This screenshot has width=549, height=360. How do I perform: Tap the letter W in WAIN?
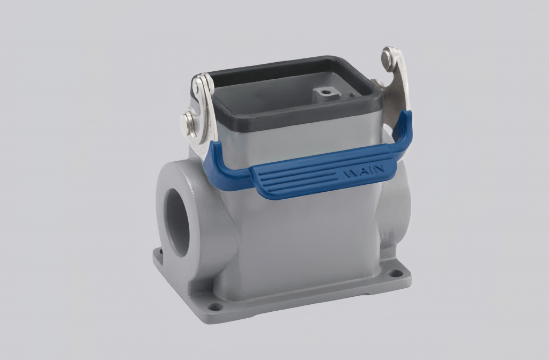[x=348, y=174]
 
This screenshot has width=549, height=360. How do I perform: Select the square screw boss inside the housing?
[x=323, y=95]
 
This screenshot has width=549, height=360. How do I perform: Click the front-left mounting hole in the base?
[x=214, y=307]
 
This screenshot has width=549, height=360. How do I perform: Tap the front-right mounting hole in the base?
[x=396, y=273]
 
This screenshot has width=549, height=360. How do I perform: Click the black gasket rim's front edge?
[x=290, y=122]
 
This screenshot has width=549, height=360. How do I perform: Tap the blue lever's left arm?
[x=214, y=161]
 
